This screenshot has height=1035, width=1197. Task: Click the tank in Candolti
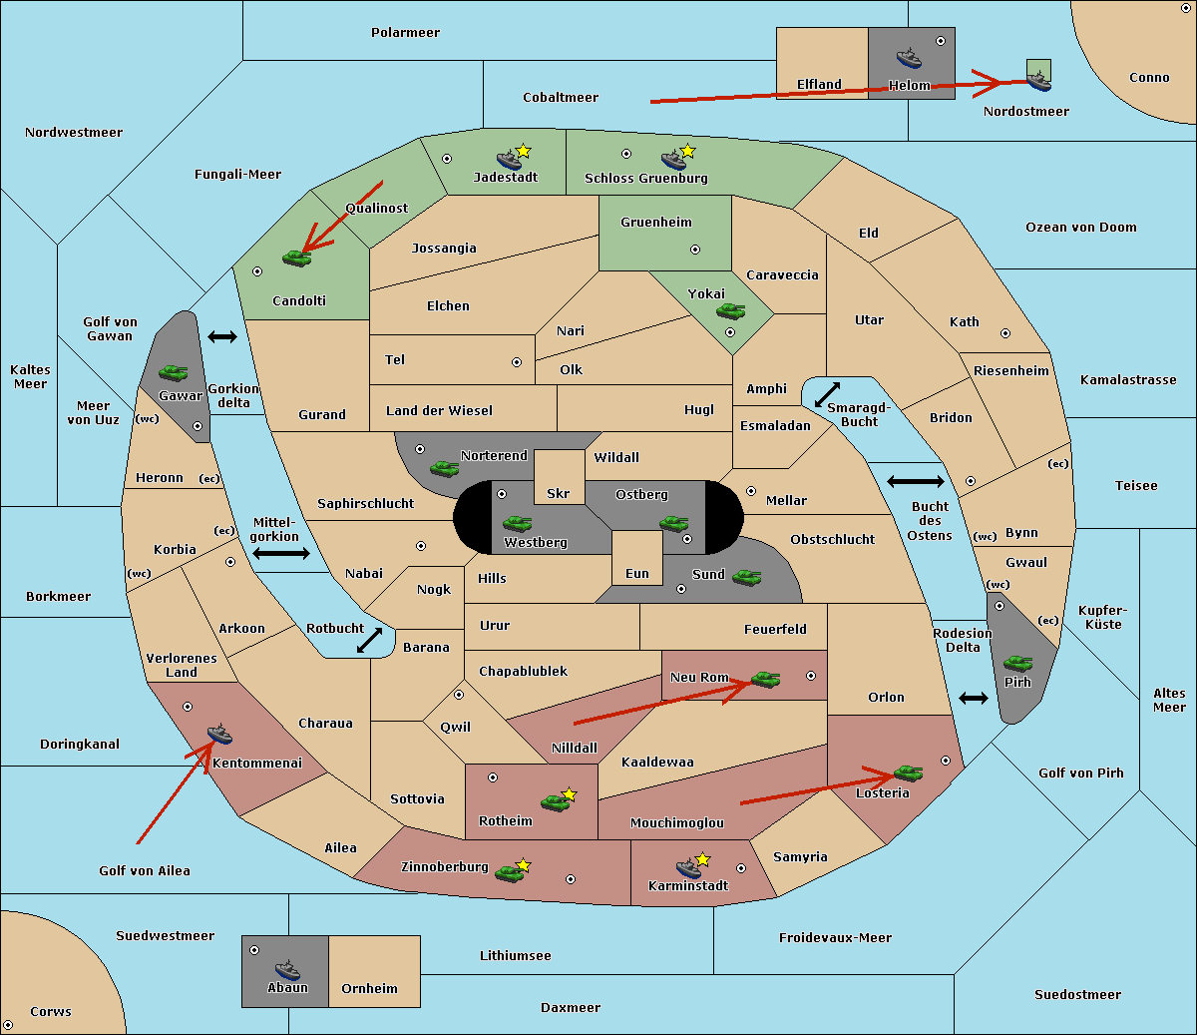pyautogui.click(x=296, y=258)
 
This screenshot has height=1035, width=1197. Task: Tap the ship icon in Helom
pyautogui.click(x=909, y=58)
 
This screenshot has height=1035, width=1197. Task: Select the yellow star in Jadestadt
pyautogui.click(x=523, y=152)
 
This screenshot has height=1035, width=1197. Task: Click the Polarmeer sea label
pyautogui.click(x=405, y=33)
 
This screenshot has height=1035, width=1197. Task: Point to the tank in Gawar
pyautogui.click(x=174, y=372)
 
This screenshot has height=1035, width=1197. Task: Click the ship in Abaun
pyautogui.click(x=287, y=969)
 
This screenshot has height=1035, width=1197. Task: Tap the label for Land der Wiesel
pyautogui.click(x=439, y=411)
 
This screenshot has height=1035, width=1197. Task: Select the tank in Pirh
pyautogui.click(x=1017, y=663)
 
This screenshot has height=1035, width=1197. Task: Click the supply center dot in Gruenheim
pyautogui.click(x=695, y=250)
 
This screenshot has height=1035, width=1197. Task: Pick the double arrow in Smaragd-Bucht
pyautogui.click(x=827, y=394)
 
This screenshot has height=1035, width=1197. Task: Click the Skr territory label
pyautogui.click(x=558, y=493)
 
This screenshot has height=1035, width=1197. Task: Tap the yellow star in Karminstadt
pyautogui.click(x=702, y=858)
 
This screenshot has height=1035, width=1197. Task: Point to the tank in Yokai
pyautogui.click(x=730, y=311)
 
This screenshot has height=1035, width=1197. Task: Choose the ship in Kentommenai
pyautogui.click(x=219, y=734)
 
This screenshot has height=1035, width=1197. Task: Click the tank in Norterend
pyautogui.click(x=444, y=469)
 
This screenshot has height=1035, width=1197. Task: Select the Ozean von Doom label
pyautogui.click(x=1080, y=228)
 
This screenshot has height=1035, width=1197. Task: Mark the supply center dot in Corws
pyautogui.click(x=8, y=1025)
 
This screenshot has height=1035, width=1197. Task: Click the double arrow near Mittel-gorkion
pyautogui.click(x=281, y=553)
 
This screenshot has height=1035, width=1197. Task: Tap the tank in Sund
pyautogui.click(x=746, y=578)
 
